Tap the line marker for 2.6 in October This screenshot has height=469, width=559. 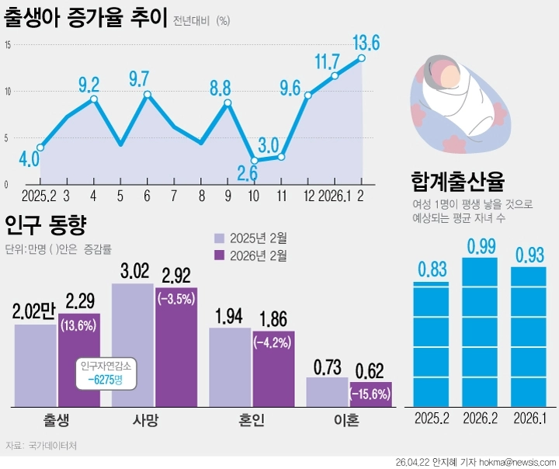[254, 161]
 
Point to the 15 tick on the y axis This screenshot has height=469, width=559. [7, 45]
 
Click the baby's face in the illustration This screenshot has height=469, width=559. [448, 75]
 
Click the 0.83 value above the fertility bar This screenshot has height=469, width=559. [432, 269]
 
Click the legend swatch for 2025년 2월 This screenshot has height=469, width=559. [220, 238]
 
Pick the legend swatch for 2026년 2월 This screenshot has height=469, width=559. [220, 255]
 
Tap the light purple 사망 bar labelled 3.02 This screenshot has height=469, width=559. [133, 346]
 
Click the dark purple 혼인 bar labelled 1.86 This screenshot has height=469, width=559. [273, 369]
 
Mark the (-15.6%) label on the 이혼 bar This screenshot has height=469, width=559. [370, 394]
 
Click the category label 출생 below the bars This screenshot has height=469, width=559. [57, 422]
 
